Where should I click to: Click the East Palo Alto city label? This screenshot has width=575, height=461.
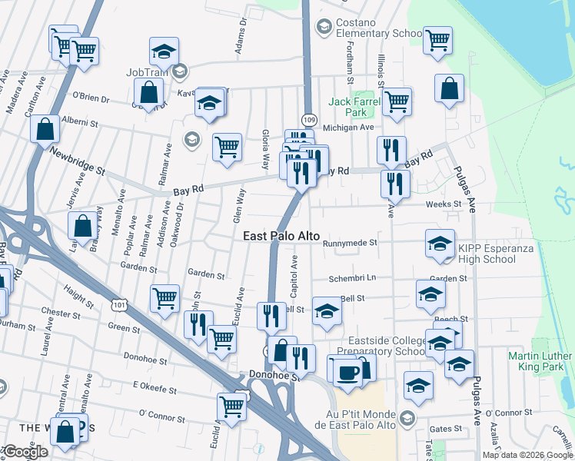(x=281, y=237)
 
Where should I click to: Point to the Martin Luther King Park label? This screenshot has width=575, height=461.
(x=540, y=362)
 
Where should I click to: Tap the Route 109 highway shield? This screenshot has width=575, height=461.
(x=309, y=120)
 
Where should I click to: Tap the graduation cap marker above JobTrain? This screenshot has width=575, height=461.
(x=164, y=51)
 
